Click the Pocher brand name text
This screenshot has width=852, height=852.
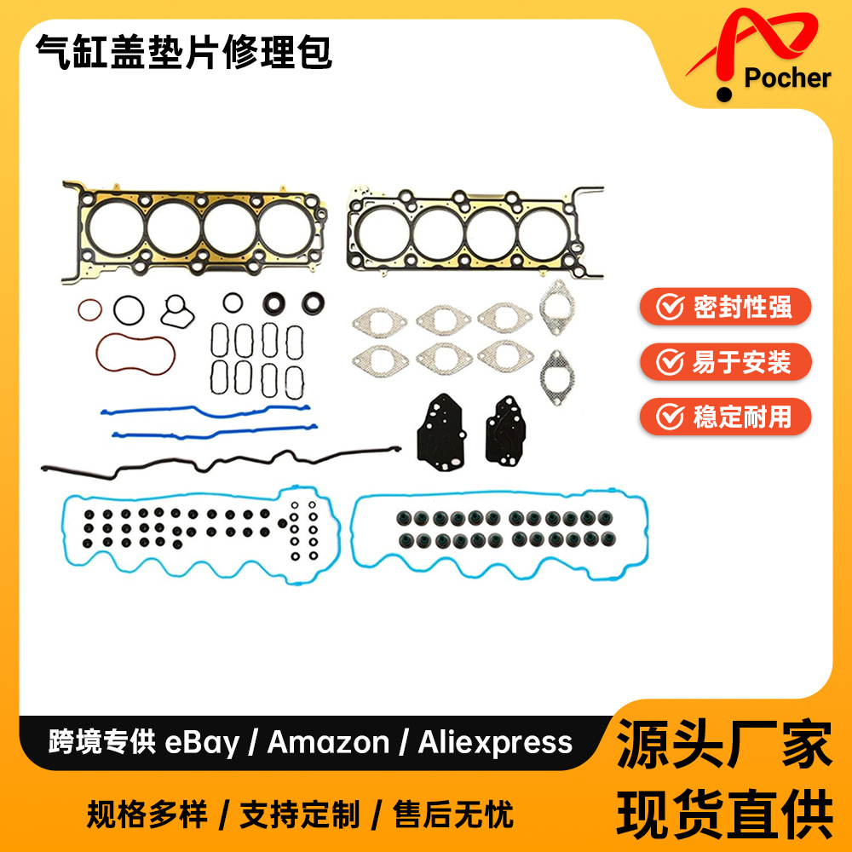(x=786, y=78)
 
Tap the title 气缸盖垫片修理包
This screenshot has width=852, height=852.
(x=183, y=54)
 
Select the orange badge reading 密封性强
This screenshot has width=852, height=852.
(x=725, y=307)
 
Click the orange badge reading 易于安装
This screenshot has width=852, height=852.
(x=725, y=362)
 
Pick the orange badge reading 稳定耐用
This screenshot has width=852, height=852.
(x=725, y=417)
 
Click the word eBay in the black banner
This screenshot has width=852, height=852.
(x=201, y=742)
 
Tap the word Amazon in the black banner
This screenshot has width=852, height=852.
(x=328, y=742)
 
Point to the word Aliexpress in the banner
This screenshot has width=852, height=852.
(x=495, y=742)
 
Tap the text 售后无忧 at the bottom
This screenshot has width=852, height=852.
(x=453, y=815)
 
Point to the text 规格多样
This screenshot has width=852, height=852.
(x=147, y=815)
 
